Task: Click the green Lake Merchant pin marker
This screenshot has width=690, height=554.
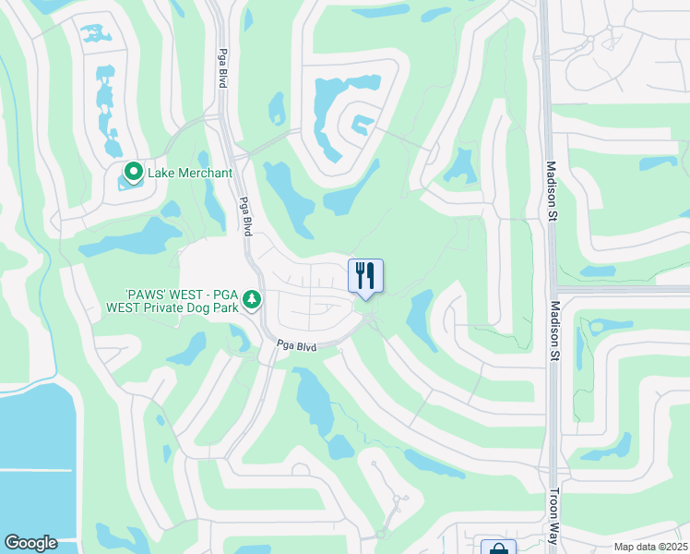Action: (x=133, y=172)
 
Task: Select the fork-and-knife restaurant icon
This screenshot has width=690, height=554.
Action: (x=365, y=275)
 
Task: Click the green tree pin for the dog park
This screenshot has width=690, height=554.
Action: (x=251, y=300)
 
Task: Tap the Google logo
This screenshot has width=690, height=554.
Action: (x=30, y=543)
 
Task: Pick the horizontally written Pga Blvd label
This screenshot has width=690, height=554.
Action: (x=297, y=346)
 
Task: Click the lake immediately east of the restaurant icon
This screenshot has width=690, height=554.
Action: (x=422, y=319)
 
